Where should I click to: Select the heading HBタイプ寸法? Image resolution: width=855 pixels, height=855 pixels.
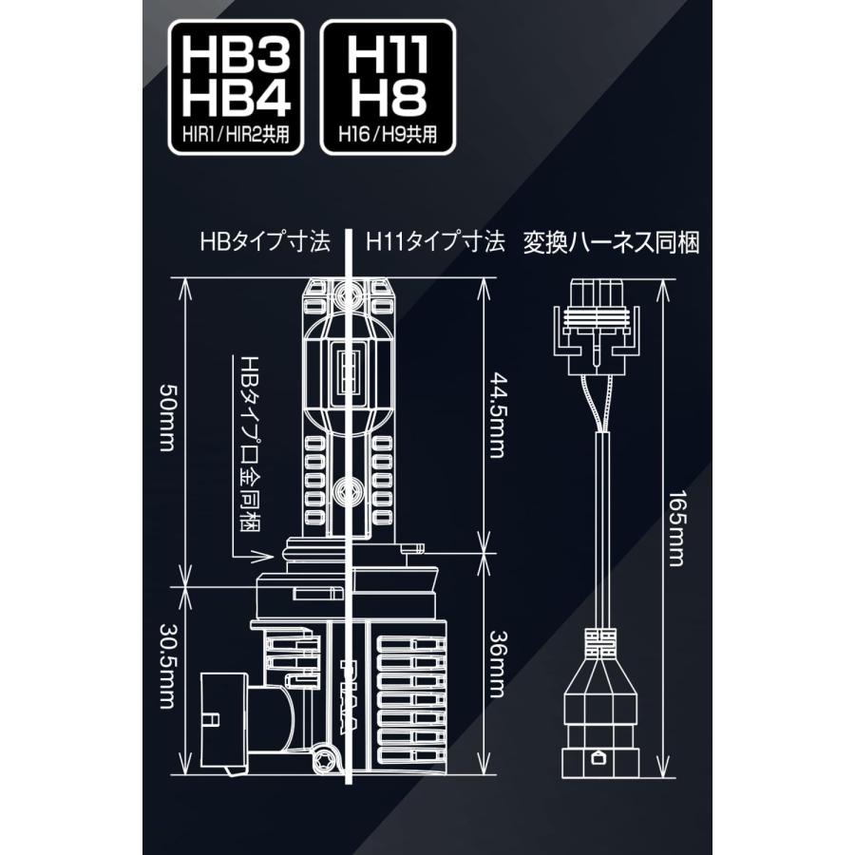265,243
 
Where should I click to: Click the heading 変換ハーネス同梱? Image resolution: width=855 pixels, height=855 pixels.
611,243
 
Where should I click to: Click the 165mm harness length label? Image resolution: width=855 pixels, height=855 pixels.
675,529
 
